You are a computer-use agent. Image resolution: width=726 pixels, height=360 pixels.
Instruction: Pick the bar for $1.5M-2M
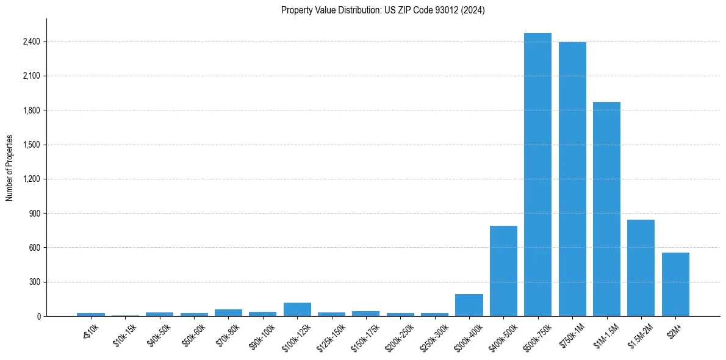coord(641,268)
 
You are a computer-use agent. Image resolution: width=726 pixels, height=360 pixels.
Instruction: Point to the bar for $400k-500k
coord(503,271)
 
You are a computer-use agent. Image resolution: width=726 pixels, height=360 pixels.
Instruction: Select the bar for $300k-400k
coord(469,305)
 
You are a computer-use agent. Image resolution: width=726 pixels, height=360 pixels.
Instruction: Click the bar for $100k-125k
coord(297,309)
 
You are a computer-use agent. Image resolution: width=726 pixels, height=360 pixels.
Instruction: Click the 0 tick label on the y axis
coord(38,316)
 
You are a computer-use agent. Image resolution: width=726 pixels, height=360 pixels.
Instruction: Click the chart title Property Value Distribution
coord(383,10)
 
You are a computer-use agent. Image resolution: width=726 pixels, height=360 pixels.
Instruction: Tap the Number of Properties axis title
coord(10,168)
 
